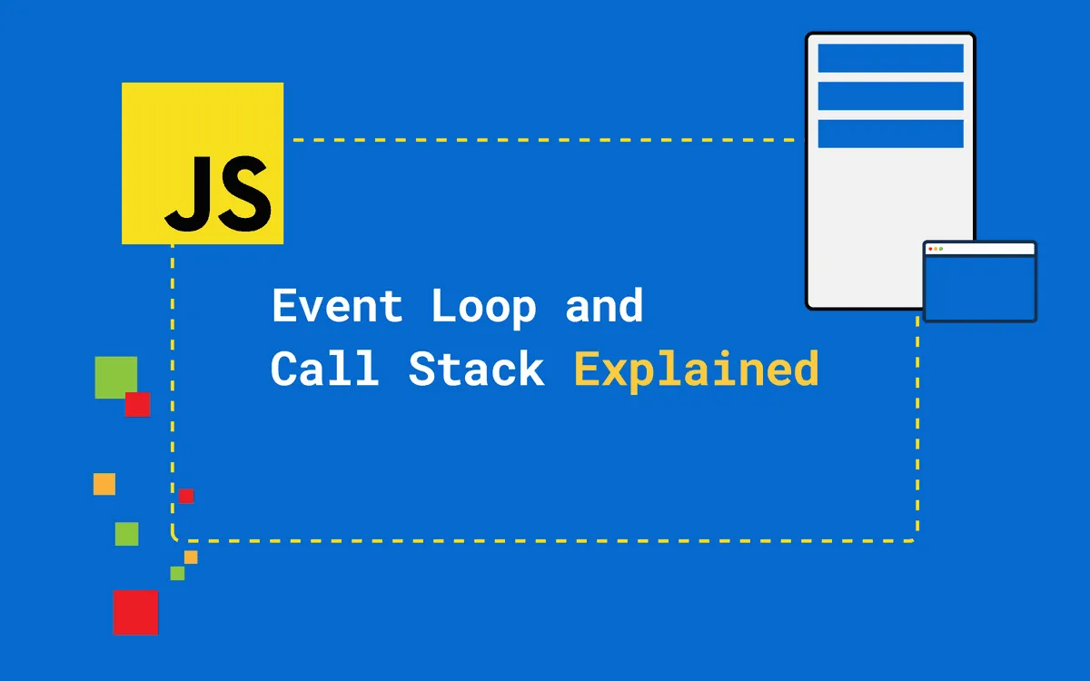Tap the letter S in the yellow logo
pyautogui.click(x=241, y=192)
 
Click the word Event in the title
pyautogui.click(x=337, y=306)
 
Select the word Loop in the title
pyautogui.click(x=483, y=308)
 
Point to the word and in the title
pyautogui.click(x=604, y=306)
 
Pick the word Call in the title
pyautogui.click(x=324, y=370)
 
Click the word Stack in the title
pyautogui.click(x=476, y=370)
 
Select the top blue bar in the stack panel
pyautogui.click(x=890, y=57)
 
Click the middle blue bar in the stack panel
pyautogui.click(x=890, y=95)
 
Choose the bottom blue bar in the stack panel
pyautogui.click(x=890, y=133)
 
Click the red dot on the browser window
pyautogui.click(x=930, y=249)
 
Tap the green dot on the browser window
pyautogui.click(x=941, y=249)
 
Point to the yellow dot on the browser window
pyautogui.click(x=936, y=249)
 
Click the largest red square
pyautogui.click(x=135, y=613)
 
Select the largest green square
pyautogui.click(x=115, y=377)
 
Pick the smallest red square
pyautogui.click(x=186, y=496)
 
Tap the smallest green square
pyautogui.click(x=177, y=573)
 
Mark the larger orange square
pyautogui.click(x=104, y=484)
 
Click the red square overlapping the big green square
pyautogui.click(x=138, y=405)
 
